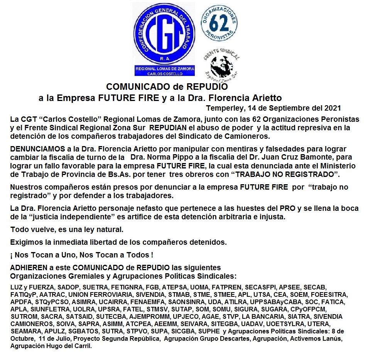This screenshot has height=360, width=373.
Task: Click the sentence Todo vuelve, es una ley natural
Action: click(x=67, y=230)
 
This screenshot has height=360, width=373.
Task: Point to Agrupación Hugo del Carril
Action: click(x=51, y=346)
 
